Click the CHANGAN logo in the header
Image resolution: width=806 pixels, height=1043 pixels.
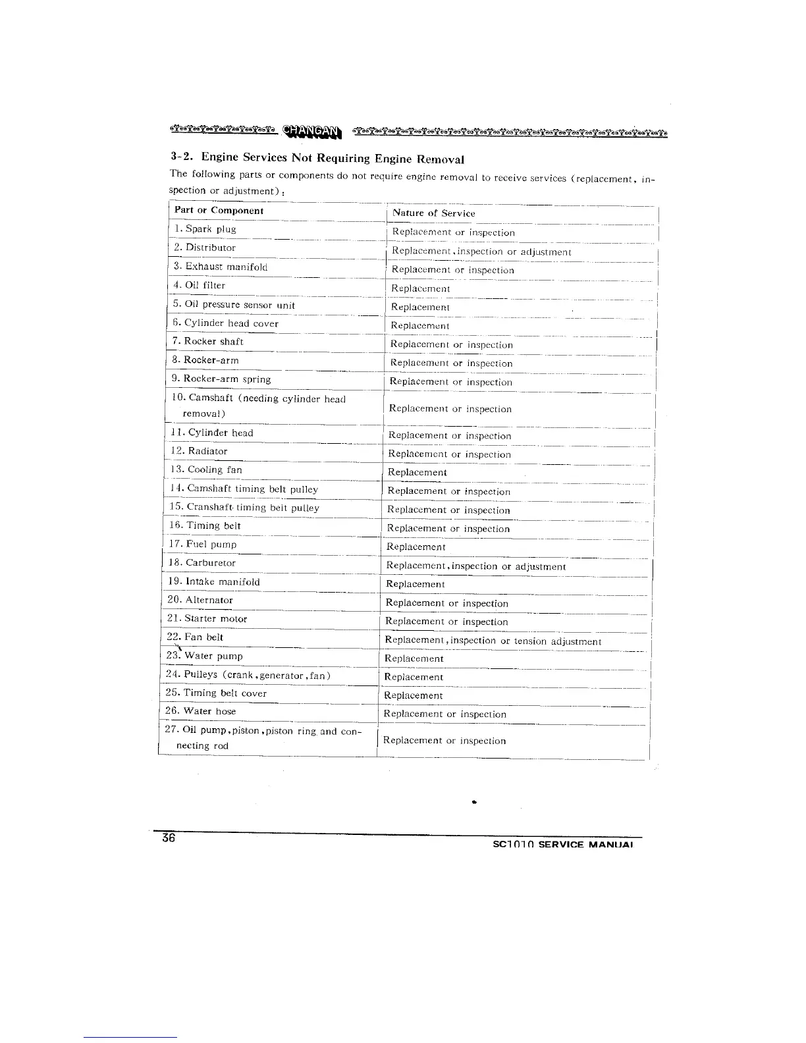[313, 132]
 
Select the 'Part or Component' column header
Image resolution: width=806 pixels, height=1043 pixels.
[219, 211]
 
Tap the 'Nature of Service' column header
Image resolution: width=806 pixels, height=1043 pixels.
[433, 213]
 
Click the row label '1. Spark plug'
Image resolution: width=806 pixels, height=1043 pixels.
[205, 229]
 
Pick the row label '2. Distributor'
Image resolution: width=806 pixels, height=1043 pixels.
[204, 248]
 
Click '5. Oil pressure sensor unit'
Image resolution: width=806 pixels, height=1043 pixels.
[234, 304]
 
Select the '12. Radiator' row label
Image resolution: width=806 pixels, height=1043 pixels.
[199, 451]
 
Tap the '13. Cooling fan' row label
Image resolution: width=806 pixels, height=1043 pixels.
[206, 469]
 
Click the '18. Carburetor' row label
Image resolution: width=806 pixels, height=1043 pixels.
[202, 563]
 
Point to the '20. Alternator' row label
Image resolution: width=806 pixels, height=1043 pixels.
[200, 600]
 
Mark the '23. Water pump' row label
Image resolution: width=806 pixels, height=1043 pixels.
[204, 656]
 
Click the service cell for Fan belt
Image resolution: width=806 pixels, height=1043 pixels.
[493, 641]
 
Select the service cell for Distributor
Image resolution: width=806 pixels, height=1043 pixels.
[481, 252]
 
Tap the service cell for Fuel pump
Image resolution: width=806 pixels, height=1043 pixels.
[416, 547]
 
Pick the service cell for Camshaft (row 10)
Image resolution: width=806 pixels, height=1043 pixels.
[450, 409]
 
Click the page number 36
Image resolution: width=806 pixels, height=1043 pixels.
[169, 838]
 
